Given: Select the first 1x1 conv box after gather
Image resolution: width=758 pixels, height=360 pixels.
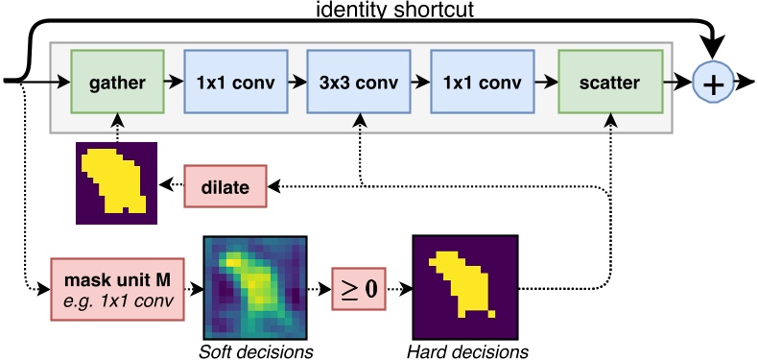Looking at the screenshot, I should [238, 84].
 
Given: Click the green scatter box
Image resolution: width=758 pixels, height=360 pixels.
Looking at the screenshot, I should [608, 84].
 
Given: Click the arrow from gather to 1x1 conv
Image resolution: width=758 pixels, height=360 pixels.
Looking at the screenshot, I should [175, 84].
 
